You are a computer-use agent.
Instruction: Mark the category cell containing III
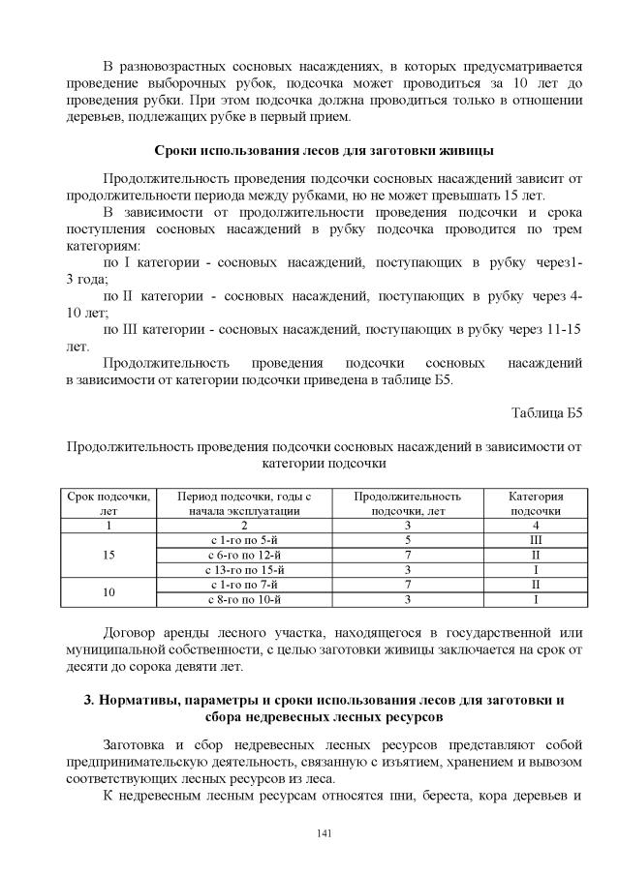click(x=535, y=538)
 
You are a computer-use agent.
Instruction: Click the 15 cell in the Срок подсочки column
click(x=109, y=554)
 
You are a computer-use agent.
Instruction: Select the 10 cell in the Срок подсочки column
click(x=109, y=592)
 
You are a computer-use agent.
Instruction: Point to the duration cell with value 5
click(x=408, y=538)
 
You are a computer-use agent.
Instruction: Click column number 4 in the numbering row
click(x=535, y=524)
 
